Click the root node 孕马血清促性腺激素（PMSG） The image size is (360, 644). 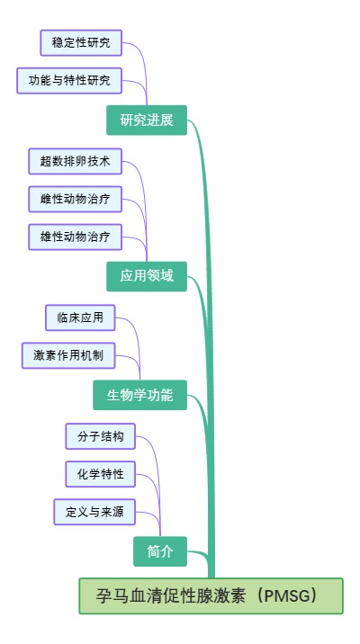211,595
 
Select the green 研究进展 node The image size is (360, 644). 147,121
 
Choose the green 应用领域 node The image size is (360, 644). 147,276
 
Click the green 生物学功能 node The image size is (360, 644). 139,394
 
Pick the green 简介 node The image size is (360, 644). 160,550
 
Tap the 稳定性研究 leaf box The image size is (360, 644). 81,42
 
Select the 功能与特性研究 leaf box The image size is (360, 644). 69,81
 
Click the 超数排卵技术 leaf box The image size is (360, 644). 76,161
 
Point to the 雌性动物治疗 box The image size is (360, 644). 76,199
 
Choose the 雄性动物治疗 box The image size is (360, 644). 76,237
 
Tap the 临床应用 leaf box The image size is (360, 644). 80,318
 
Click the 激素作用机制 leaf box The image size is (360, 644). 68,355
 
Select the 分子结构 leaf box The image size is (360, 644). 101,436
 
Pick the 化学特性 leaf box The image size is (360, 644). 101,474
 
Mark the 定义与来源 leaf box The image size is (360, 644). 94,513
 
